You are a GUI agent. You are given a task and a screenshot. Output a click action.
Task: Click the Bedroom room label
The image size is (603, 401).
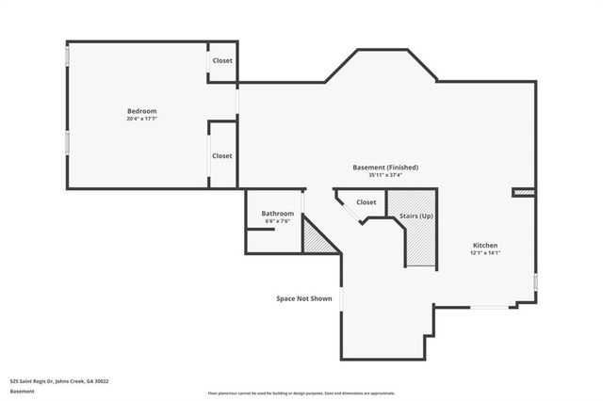coord(141,111)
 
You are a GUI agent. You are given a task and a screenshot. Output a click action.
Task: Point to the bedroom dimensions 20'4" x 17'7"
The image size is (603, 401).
coord(141,119)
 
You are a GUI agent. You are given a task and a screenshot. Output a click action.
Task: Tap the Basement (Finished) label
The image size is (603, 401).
coord(385,167)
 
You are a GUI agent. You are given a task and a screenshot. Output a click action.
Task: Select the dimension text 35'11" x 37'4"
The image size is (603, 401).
coord(385,174)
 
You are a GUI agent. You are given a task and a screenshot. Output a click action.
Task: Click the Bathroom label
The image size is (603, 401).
coord(277,214)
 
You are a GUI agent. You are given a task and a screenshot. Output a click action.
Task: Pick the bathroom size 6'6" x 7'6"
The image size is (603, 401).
coord(277,221)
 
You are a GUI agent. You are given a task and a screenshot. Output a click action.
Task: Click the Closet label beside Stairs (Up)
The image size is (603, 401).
coord(366,202)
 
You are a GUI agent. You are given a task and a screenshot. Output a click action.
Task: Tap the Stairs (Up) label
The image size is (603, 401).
coord(416,217)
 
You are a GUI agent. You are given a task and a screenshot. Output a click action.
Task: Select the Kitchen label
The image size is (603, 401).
coord(485,245)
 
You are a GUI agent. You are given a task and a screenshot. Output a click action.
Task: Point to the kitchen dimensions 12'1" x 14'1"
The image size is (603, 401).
coord(485,252)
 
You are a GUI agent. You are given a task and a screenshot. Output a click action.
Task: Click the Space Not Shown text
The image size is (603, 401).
coord(303,298)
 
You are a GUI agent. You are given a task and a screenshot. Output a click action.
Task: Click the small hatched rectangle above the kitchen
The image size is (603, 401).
coord(524,192)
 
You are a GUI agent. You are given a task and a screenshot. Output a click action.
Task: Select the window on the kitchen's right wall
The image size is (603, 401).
coord(535,282)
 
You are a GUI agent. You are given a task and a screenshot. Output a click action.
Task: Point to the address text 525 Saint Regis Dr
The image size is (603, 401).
coord(59,381)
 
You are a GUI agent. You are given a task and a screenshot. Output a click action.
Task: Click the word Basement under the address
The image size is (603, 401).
coord(22,392)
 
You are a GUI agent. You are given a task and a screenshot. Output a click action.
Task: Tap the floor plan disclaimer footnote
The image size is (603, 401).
coord(301,393)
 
